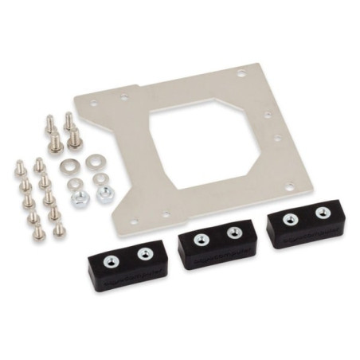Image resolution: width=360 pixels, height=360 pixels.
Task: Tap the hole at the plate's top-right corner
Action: click(x=241, y=73)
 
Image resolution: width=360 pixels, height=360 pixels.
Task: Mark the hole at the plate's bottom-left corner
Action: click(x=134, y=221)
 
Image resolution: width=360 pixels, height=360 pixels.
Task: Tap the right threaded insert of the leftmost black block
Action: click(x=144, y=254)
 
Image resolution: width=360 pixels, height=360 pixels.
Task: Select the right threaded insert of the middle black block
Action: click(x=233, y=233)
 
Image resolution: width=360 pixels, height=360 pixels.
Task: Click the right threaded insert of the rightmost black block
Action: click(x=323, y=213)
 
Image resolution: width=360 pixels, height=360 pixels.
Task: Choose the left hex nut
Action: click(x=79, y=197)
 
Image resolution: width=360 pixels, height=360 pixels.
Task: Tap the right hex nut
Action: click(x=104, y=193)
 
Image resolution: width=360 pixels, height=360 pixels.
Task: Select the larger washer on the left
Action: click(x=68, y=168)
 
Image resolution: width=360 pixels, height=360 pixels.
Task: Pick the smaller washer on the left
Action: click(x=74, y=183)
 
